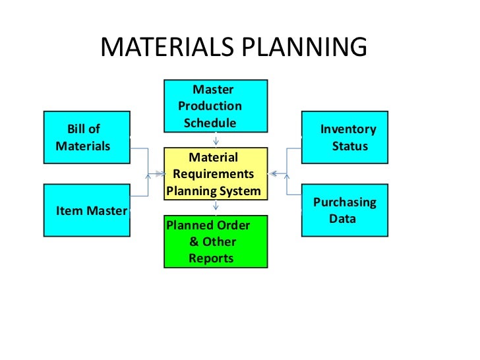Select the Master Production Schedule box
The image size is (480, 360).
coord(216,105)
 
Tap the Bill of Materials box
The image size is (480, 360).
coord(86,138)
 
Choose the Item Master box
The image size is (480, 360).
coord(86,210)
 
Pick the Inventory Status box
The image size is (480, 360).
coord(345,138)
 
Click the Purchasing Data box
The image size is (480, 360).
coord(345,210)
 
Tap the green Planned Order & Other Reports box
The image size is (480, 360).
coord(216,241)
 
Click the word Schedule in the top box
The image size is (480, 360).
coord(210,123)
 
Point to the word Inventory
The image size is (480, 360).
coord(348,129)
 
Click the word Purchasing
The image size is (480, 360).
coord(344,202)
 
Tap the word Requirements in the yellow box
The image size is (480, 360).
coord(213,174)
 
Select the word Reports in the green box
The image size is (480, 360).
coord(211,258)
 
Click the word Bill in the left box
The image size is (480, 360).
coord(76,129)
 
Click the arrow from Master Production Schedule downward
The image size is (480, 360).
coord(216,140)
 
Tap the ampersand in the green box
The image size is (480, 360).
coord(194,242)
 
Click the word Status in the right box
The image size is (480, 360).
coord(349,146)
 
